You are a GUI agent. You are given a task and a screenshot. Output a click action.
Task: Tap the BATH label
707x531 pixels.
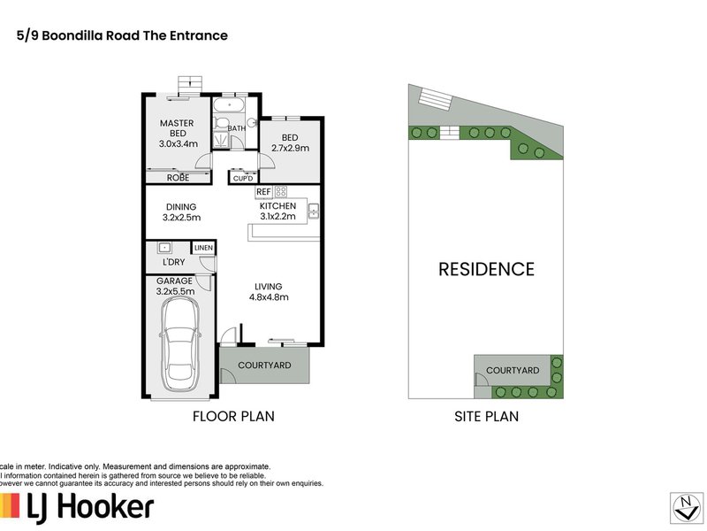click(x=237, y=128)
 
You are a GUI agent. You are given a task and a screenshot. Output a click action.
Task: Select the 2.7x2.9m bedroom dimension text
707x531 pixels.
click(x=290, y=149)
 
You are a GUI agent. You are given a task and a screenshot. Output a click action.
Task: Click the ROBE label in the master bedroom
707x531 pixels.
click(x=178, y=177)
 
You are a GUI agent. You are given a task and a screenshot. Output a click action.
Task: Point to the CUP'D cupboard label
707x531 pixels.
click(x=242, y=178)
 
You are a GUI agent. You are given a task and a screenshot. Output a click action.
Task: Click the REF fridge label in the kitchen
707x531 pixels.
click(x=263, y=191)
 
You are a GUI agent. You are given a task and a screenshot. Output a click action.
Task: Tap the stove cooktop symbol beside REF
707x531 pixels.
click(x=281, y=191)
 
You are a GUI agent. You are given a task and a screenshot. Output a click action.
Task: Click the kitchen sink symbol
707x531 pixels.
click(x=313, y=211)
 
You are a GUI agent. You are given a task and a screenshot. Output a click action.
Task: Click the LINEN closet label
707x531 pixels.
click(x=204, y=249)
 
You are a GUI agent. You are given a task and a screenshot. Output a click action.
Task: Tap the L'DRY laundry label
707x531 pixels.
click(x=173, y=263)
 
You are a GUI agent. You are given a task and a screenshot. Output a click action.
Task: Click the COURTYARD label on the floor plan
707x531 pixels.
click(x=262, y=364)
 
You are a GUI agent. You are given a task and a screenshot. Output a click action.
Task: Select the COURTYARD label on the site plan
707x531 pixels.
click(x=512, y=370)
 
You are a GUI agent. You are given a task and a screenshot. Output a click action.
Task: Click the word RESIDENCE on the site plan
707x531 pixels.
click(x=486, y=269)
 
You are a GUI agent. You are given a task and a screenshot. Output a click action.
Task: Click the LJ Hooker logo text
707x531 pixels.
click(x=88, y=507)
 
